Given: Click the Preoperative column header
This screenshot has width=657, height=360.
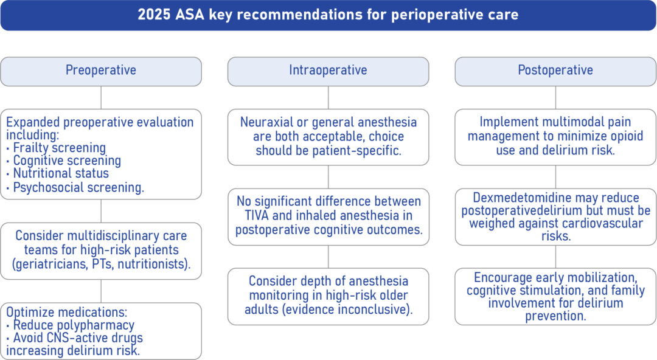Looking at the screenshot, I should [x=101, y=71].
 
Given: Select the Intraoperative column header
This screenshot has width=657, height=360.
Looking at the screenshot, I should [x=328, y=71].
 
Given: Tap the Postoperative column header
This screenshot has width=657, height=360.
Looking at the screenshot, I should [x=555, y=71].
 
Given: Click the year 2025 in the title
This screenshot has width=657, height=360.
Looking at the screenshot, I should [x=154, y=15].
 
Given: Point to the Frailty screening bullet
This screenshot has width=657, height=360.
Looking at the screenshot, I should [x=59, y=148].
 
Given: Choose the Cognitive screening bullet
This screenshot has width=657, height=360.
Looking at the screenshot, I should [x=67, y=161].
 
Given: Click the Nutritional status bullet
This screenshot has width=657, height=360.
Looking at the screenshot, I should [x=61, y=174].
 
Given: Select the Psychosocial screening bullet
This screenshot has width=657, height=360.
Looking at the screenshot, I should [x=78, y=187].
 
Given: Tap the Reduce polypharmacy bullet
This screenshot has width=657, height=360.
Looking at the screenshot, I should [x=74, y=325].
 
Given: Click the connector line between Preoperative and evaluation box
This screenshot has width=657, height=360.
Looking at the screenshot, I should [x=101, y=97].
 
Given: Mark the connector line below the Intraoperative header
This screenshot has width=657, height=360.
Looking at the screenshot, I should [x=328, y=97].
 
